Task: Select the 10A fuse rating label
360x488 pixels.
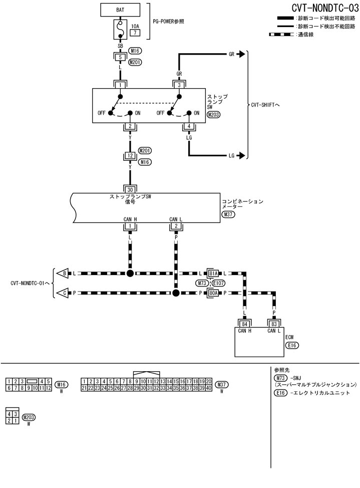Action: pyautogui.click(x=134, y=26)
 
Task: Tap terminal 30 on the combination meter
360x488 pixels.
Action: pyautogui.click(x=130, y=189)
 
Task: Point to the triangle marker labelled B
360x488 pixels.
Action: pyautogui.click(x=63, y=273)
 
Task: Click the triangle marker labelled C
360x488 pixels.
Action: pyautogui.click(x=63, y=293)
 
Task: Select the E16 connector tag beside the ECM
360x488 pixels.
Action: pyautogui.click(x=292, y=345)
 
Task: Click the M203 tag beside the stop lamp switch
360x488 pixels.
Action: pyautogui.click(x=214, y=115)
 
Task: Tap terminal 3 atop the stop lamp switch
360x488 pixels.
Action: pyautogui.click(x=179, y=85)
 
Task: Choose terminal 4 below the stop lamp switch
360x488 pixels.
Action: pyautogui.click(x=189, y=126)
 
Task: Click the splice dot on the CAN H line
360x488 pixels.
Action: pyautogui.click(x=130, y=273)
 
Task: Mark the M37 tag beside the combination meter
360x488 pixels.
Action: pyautogui.click(x=229, y=214)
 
